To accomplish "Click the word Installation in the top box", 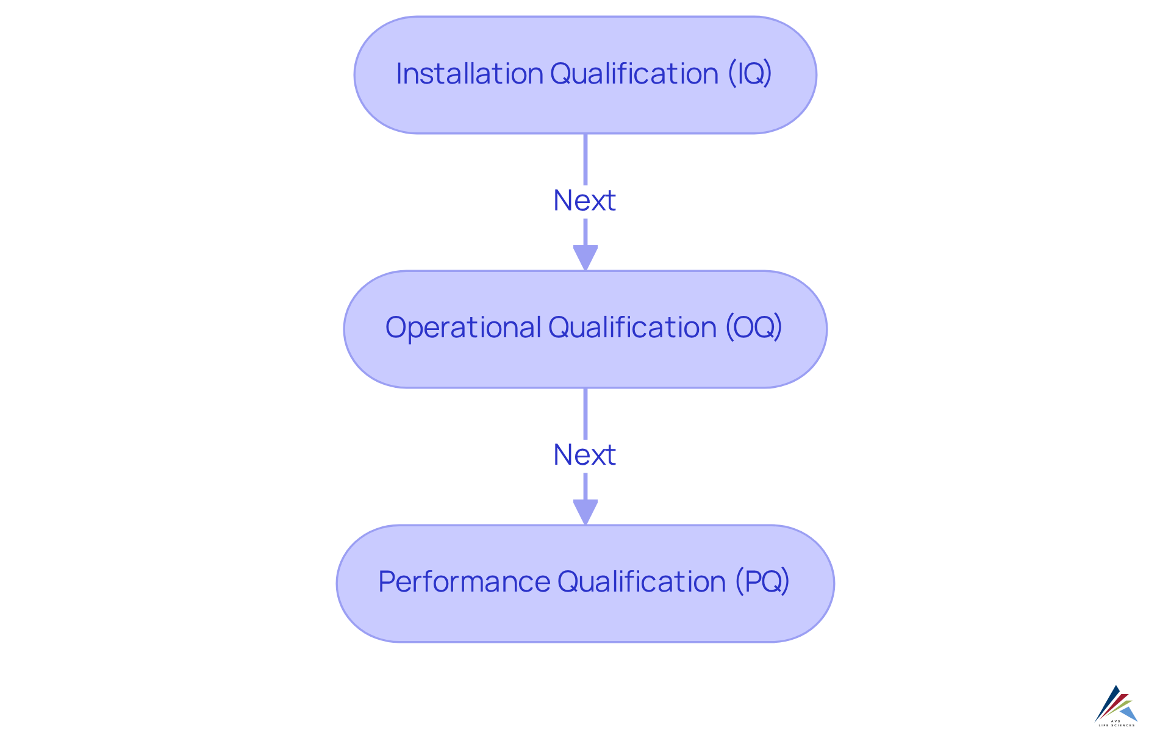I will pyautogui.click(x=470, y=74).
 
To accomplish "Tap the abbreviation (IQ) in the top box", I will pyautogui.click(x=750, y=74).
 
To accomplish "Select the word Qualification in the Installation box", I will pyautogui.click(x=634, y=74).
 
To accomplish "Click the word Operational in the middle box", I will pyautogui.click(x=463, y=328).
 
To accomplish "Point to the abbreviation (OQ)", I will pyautogui.click(x=753, y=328).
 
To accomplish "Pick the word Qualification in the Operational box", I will pyautogui.click(x=632, y=328).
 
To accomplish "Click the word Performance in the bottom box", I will pyautogui.click(x=464, y=581).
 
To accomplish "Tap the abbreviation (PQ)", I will pyautogui.click(x=762, y=581).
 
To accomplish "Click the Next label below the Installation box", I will pyautogui.click(x=584, y=201).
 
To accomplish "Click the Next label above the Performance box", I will pyautogui.click(x=584, y=455).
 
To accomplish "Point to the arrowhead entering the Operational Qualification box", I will pyautogui.click(x=585, y=257).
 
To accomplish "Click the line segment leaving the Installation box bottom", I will pyautogui.click(x=585, y=159).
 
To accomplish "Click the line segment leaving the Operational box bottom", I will pyautogui.click(x=585, y=413).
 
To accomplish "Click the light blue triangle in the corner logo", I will pyautogui.click(x=1129, y=712).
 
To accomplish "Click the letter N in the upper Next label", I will pyautogui.click(x=562, y=201).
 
